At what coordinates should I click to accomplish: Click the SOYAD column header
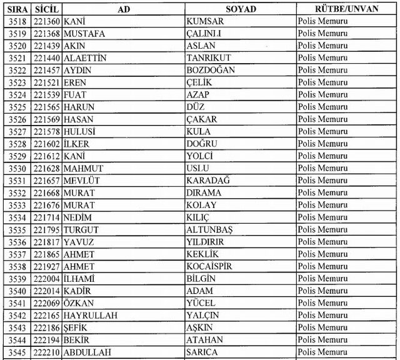pyautogui.click(x=241, y=9)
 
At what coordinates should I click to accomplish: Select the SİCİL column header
pyautogui.click(x=47, y=9)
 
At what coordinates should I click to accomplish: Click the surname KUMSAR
pyautogui.click(x=204, y=21)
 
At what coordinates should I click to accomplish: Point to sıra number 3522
pyautogui.click(x=17, y=71)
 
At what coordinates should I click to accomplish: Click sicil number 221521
pyautogui.click(x=47, y=82)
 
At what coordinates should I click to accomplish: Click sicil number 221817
pyautogui.click(x=47, y=242)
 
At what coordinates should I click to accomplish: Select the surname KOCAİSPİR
pyautogui.click(x=209, y=266)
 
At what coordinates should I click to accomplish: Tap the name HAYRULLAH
pyautogui.click(x=91, y=316)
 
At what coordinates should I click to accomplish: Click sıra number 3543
pyautogui.click(x=17, y=327)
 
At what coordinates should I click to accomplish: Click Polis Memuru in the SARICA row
pyautogui.click(x=322, y=352)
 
